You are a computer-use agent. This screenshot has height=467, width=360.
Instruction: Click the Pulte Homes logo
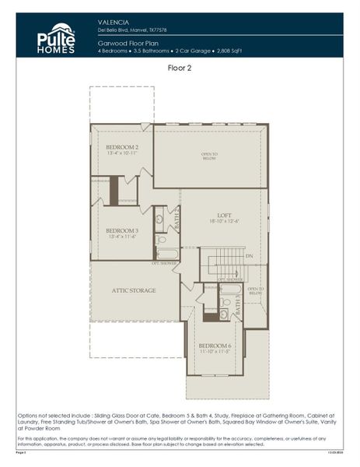click(57, 38)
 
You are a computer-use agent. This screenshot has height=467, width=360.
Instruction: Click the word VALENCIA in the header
click(114, 22)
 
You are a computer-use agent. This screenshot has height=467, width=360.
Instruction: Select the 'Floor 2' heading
click(180, 68)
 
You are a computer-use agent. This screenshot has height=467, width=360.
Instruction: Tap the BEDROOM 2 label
click(121, 147)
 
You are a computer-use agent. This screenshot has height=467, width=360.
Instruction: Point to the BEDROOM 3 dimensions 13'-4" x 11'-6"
click(121, 237)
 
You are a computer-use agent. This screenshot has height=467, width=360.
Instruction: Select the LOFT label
click(224, 214)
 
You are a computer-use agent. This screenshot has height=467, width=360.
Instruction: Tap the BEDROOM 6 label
click(214, 346)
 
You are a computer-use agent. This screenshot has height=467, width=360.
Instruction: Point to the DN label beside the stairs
click(250, 256)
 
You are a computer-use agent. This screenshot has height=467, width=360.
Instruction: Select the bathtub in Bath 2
click(167, 254)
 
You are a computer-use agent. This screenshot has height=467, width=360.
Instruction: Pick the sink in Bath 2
click(159, 219)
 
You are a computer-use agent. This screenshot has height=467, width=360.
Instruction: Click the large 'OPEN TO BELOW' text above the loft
click(209, 156)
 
